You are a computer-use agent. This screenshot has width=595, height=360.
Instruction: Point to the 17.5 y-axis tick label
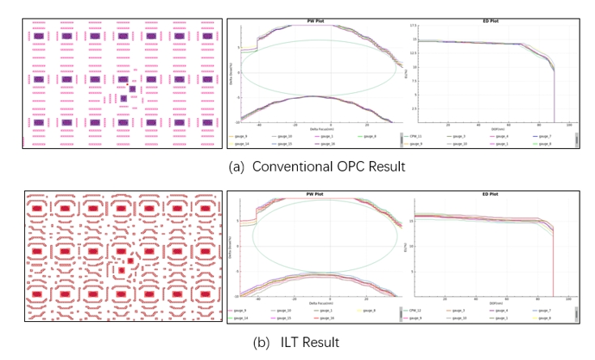coord(414,27)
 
